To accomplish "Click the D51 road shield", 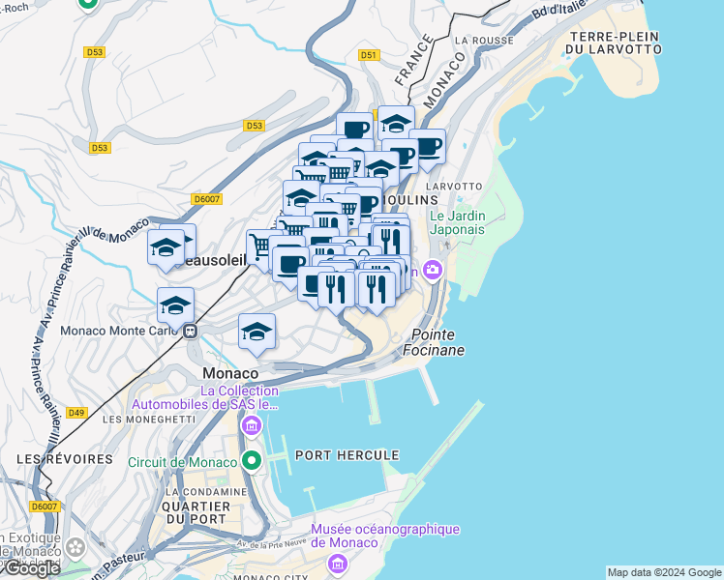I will point(368,56).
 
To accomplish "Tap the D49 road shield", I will point(76,413).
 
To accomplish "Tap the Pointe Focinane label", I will point(437,342).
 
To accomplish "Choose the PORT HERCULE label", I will point(334,454).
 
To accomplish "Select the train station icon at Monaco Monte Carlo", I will point(191,330).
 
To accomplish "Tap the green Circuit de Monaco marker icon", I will point(252,461).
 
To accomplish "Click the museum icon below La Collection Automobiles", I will point(252,425).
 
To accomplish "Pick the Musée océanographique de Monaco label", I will point(384,536).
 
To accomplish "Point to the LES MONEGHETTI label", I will point(139,420).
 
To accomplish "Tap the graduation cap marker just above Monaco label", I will point(256,333).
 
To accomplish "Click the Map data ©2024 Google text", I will point(664,572).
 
